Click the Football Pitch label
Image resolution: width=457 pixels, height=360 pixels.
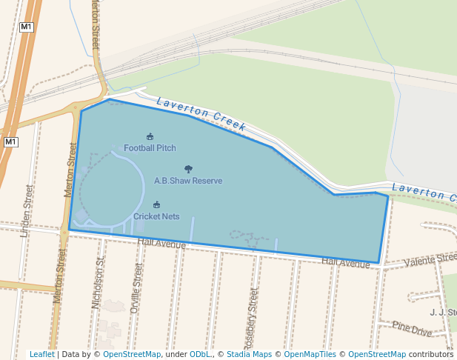coord(150,148)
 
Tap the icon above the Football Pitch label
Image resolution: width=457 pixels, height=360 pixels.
coord(150,136)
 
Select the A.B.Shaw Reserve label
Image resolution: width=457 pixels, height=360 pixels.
coord(188,180)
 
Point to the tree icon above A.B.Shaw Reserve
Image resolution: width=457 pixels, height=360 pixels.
coord(188,169)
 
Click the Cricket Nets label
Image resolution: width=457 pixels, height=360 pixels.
coord(156,216)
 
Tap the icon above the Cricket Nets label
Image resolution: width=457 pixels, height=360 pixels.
coord(156,204)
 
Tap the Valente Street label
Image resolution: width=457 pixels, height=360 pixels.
coord(430,259)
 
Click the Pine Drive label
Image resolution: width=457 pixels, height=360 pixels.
coord(412,328)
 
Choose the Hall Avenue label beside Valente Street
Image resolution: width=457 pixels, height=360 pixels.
coord(346,263)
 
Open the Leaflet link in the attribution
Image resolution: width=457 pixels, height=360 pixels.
coord(42,354)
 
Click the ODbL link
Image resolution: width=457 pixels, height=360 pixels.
coord(199,354)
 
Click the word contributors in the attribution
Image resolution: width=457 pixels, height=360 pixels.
coord(431,354)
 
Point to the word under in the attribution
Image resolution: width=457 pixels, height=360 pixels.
coord(176,354)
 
